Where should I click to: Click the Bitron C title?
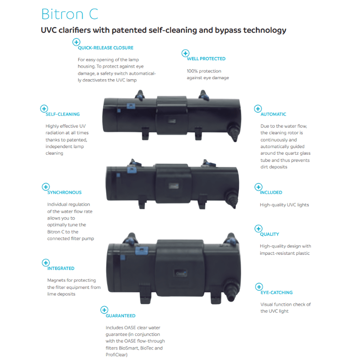click(69, 14)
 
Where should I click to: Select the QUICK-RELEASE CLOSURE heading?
click(105, 48)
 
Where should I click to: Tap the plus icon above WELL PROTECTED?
click(185, 53)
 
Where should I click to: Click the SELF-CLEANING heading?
click(63, 114)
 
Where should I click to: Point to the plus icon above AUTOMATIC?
click(258, 108)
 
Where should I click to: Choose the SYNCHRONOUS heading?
click(64, 192)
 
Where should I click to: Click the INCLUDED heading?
click(271, 192)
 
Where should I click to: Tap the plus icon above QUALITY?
click(258, 229)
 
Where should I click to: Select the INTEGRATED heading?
click(61, 268)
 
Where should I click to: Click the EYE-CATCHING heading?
click(276, 292)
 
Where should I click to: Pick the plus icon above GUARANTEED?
click(104, 310)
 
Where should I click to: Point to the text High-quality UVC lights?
click(284, 205)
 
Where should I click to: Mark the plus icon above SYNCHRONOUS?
click(45, 186)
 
